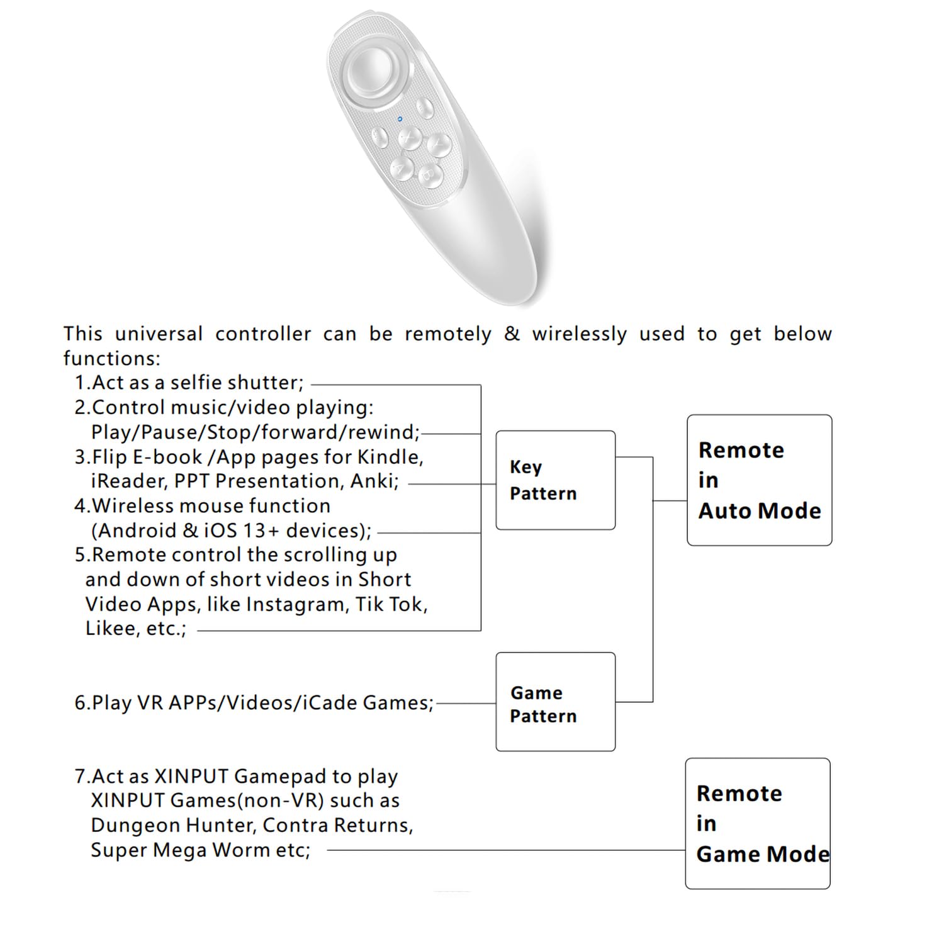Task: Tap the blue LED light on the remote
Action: pyautogui.click(x=400, y=118)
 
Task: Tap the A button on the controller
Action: pyautogui.click(x=402, y=167)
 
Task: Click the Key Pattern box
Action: pyautogui.click(x=555, y=480)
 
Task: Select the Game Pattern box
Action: pyautogui.click(x=555, y=701)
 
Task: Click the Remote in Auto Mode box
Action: pyautogui.click(x=759, y=480)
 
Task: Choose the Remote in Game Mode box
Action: pyautogui.click(x=757, y=823)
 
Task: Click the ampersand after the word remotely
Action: pyautogui.click(x=512, y=334)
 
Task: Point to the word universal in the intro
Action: pyautogui.click(x=159, y=334)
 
